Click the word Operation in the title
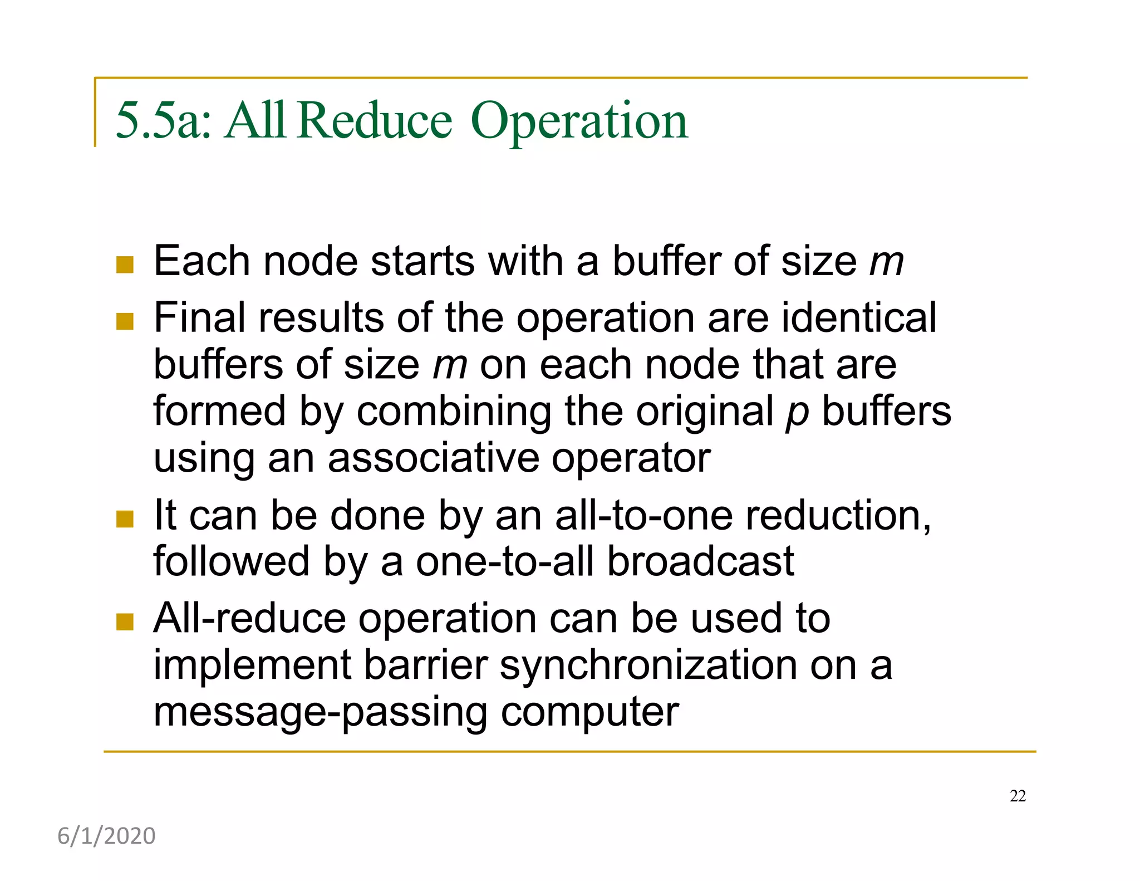579,121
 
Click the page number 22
1018,796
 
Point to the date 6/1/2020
106,836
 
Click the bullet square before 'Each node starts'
125,265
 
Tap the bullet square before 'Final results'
125,321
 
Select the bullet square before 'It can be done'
125,519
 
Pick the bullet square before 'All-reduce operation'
125,621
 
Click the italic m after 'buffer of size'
887,261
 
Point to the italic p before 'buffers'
797,413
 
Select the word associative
433,458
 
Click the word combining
453,412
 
